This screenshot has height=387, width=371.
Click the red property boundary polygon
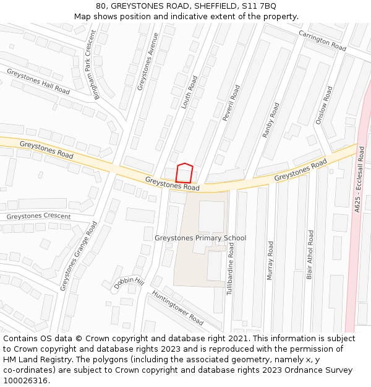click(x=184, y=173)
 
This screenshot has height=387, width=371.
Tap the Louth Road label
click(x=189, y=93)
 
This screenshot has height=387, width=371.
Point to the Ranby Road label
click(x=271, y=120)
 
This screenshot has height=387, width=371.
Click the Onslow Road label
click(x=324, y=105)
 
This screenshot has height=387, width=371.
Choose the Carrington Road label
click(x=322, y=40)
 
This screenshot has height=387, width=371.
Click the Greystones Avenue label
click(x=148, y=62)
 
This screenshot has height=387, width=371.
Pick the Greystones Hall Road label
click(x=38, y=81)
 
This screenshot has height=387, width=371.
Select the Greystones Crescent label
click(x=38, y=217)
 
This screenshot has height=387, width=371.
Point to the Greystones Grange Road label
click(x=79, y=256)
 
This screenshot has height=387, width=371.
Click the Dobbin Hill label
click(x=129, y=282)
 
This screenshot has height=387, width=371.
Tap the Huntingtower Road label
click(x=177, y=308)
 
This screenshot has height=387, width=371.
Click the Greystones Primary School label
click(x=200, y=238)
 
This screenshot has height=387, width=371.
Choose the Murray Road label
click(x=270, y=260)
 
